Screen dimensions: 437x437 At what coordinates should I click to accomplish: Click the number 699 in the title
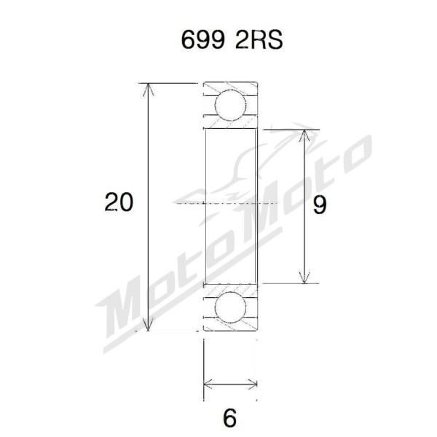(x=200, y=41)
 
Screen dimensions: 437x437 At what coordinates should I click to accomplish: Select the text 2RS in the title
(x=257, y=41)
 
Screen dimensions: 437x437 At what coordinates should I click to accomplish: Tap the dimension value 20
(x=119, y=202)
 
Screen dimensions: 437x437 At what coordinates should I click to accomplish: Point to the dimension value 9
(x=319, y=205)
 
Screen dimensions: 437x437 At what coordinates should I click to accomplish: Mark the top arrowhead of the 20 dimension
(x=149, y=89)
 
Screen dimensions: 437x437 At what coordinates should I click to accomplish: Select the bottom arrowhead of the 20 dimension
(x=149, y=326)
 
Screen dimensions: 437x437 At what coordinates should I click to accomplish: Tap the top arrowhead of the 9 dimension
(x=304, y=135)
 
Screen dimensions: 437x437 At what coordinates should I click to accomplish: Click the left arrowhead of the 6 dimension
(x=208, y=383)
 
